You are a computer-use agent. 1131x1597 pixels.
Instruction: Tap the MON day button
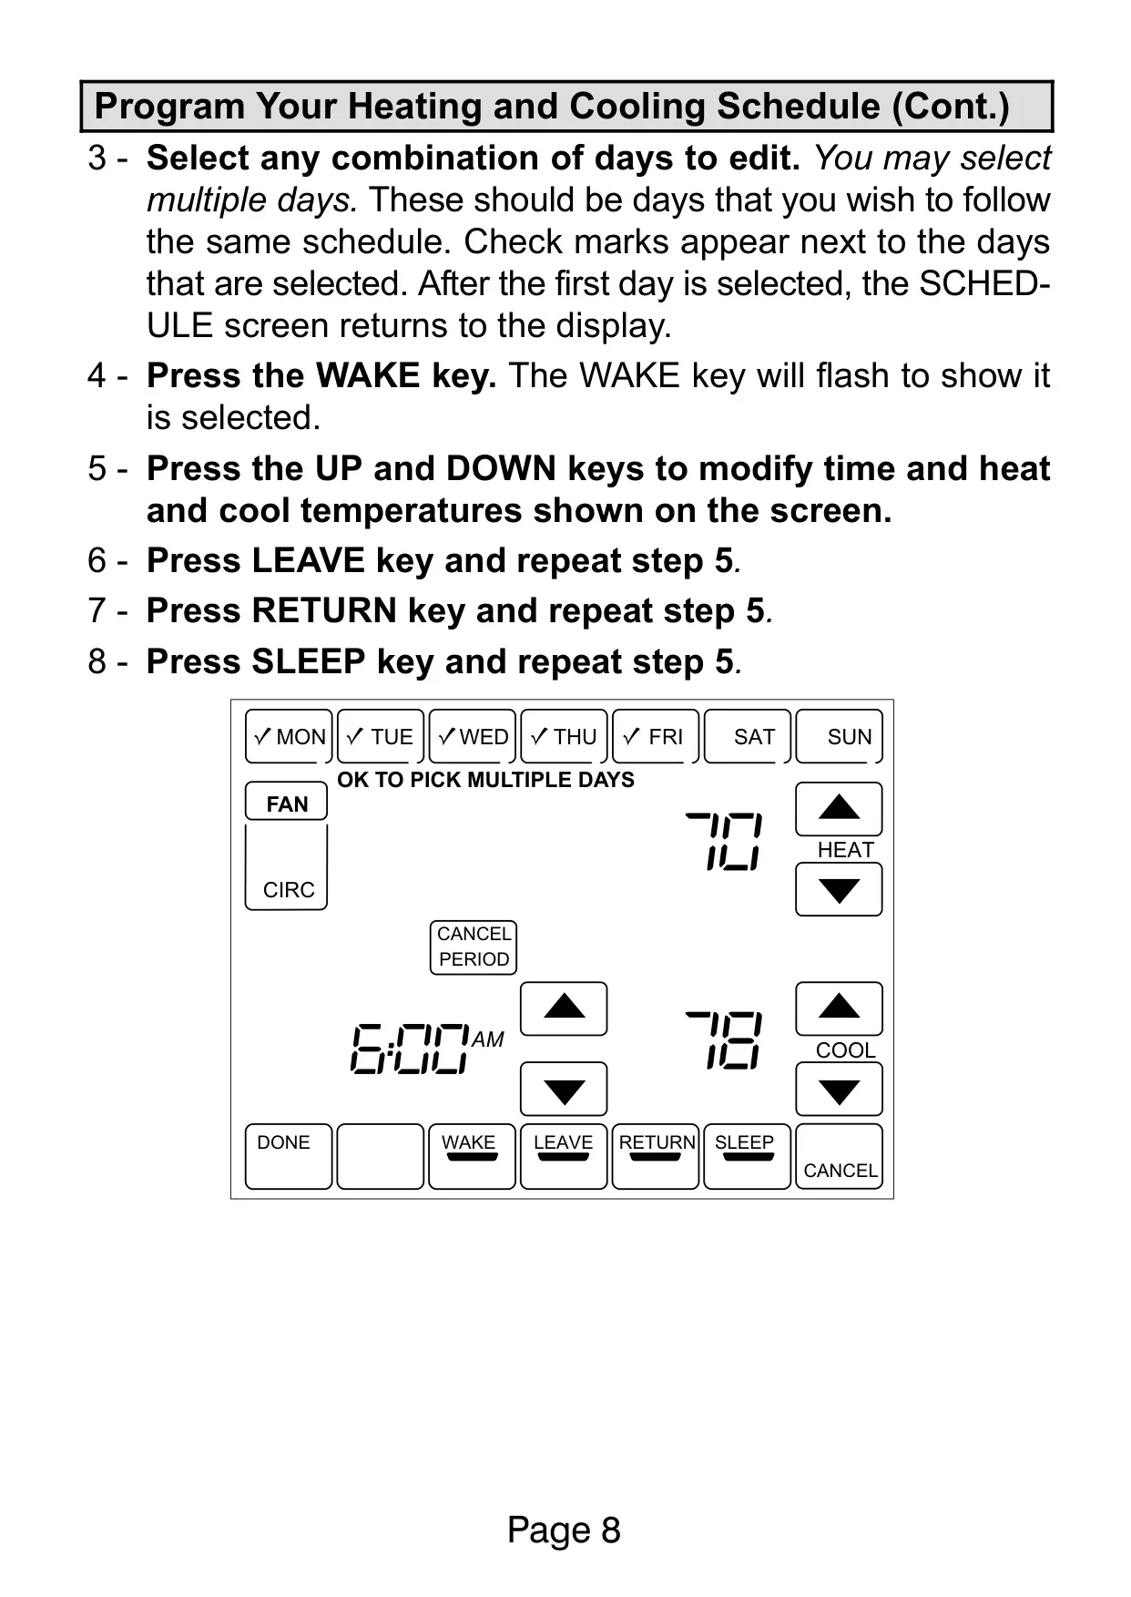(x=287, y=736)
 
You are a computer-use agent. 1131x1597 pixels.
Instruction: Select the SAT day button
(x=747, y=736)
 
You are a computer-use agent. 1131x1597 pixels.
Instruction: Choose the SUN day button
(x=839, y=736)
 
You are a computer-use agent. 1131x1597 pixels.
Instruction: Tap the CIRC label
(x=289, y=890)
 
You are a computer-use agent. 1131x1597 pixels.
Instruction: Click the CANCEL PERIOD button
(x=474, y=947)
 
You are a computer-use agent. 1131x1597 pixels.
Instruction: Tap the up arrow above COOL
(x=839, y=1008)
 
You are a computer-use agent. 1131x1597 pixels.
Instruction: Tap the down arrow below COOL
(x=839, y=1090)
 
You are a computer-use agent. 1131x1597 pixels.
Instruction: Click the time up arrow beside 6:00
(x=564, y=1008)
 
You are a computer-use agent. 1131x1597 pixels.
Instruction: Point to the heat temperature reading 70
(x=724, y=841)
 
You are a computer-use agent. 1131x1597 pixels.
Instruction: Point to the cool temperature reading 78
(x=724, y=1039)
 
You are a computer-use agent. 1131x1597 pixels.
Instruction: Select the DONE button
(x=288, y=1156)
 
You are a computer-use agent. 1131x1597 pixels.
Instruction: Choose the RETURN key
(x=656, y=1156)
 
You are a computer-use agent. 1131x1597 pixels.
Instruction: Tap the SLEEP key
(x=747, y=1156)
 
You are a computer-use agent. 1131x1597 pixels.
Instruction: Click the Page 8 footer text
(x=564, y=1530)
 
